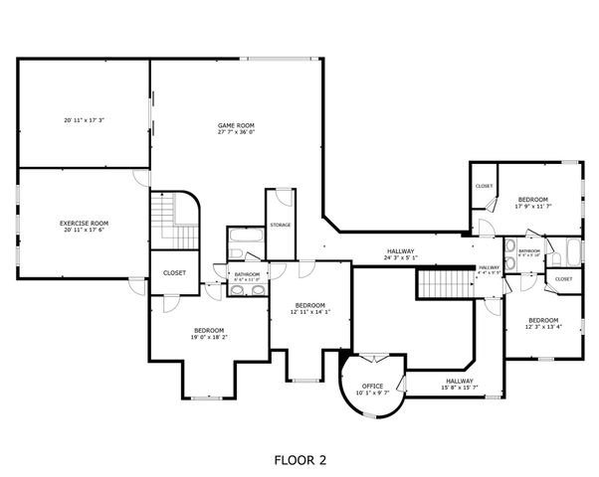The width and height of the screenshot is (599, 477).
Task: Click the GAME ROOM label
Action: coord(237,128)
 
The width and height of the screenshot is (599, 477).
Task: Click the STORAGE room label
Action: coord(281,225)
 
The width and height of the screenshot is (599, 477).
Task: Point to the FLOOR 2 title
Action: coord(299,460)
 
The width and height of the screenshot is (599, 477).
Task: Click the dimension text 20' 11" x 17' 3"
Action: coord(84,120)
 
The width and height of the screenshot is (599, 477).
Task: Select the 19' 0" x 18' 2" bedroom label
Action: coord(209,334)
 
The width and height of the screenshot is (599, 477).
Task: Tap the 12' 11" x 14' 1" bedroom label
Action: coord(309,309)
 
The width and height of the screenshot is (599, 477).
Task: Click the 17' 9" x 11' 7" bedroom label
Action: coord(533,203)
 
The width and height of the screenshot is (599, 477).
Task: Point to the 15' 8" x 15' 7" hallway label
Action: coord(460,384)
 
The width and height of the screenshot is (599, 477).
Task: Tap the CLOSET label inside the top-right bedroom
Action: coord(484,186)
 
